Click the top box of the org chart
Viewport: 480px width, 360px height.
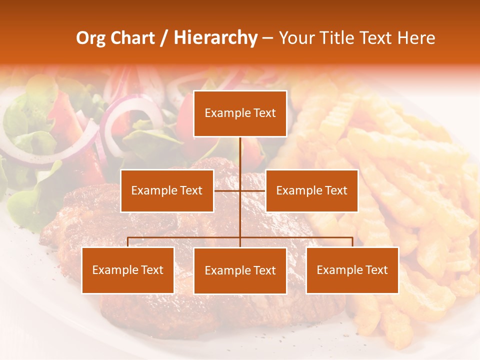[240, 113]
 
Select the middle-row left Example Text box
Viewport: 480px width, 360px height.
[167, 190]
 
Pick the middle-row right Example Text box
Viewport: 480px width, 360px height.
[311, 190]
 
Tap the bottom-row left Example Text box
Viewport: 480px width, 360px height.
[128, 270]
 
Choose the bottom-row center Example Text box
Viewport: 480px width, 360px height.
[240, 270]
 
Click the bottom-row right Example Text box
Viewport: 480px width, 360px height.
[352, 270]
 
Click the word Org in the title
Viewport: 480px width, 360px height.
[91, 38]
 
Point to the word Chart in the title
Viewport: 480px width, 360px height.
[132, 38]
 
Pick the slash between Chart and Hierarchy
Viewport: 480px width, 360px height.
[164, 38]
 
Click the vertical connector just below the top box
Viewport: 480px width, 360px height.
[240, 150]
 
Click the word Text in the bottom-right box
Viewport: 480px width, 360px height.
[376, 270]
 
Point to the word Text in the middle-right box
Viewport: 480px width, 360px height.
[335, 190]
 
